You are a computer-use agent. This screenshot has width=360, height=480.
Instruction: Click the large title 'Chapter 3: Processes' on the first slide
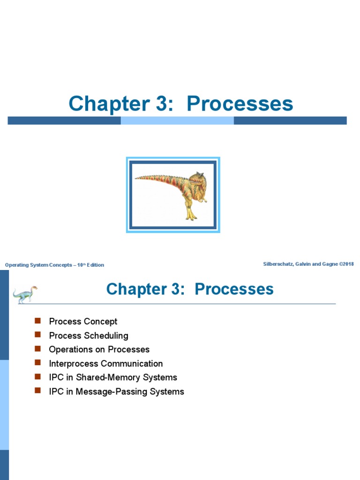[x=180, y=104]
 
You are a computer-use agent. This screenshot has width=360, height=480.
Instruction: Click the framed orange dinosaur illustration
[x=173, y=195]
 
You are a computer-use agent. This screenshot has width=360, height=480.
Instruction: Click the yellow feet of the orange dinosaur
[x=191, y=216]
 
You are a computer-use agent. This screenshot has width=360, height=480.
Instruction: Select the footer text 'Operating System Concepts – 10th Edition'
[x=54, y=265]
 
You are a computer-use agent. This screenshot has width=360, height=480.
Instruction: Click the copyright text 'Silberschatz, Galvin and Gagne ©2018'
[x=308, y=264]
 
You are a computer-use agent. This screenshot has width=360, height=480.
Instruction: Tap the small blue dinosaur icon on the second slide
[x=25, y=294]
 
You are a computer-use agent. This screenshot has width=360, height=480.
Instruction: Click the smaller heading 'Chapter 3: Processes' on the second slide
[x=190, y=289]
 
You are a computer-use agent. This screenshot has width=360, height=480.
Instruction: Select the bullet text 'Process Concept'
[x=83, y=322]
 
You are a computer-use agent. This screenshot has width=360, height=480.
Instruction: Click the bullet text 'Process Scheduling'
[x=88, y=336]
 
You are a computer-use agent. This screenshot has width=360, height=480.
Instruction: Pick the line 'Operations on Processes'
[x=99, y=350]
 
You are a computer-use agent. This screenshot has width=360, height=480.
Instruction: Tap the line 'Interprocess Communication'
[x=105, y=364]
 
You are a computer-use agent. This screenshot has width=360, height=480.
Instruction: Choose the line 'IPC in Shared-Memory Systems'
[x=112, y=377]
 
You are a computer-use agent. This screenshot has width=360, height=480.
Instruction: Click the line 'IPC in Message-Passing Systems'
[x=116, y=391]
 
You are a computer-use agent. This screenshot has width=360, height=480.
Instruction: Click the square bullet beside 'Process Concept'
[x=38, y=321]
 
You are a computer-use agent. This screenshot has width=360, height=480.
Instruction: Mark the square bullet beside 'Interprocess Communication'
[x=38, y=363]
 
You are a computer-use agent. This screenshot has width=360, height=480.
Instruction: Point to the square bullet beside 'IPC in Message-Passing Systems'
[x=38, y=391]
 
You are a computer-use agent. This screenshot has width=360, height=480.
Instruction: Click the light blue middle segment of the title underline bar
[x=177, y=120]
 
